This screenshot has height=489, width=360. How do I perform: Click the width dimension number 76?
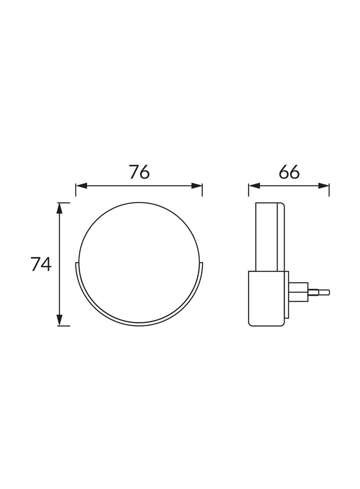click(x=139, y=172)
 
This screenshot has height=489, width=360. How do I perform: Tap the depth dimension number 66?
click(x=289, y=172)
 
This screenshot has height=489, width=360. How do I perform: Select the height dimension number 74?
click(x=41, y=264)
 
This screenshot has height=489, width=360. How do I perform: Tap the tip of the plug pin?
click(x=327, y=291)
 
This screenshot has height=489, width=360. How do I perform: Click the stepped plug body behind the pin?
click(x=299, y=291)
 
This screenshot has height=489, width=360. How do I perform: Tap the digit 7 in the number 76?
click(x=133, y=172)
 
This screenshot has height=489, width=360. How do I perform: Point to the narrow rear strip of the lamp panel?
click(x=281, y=239)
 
